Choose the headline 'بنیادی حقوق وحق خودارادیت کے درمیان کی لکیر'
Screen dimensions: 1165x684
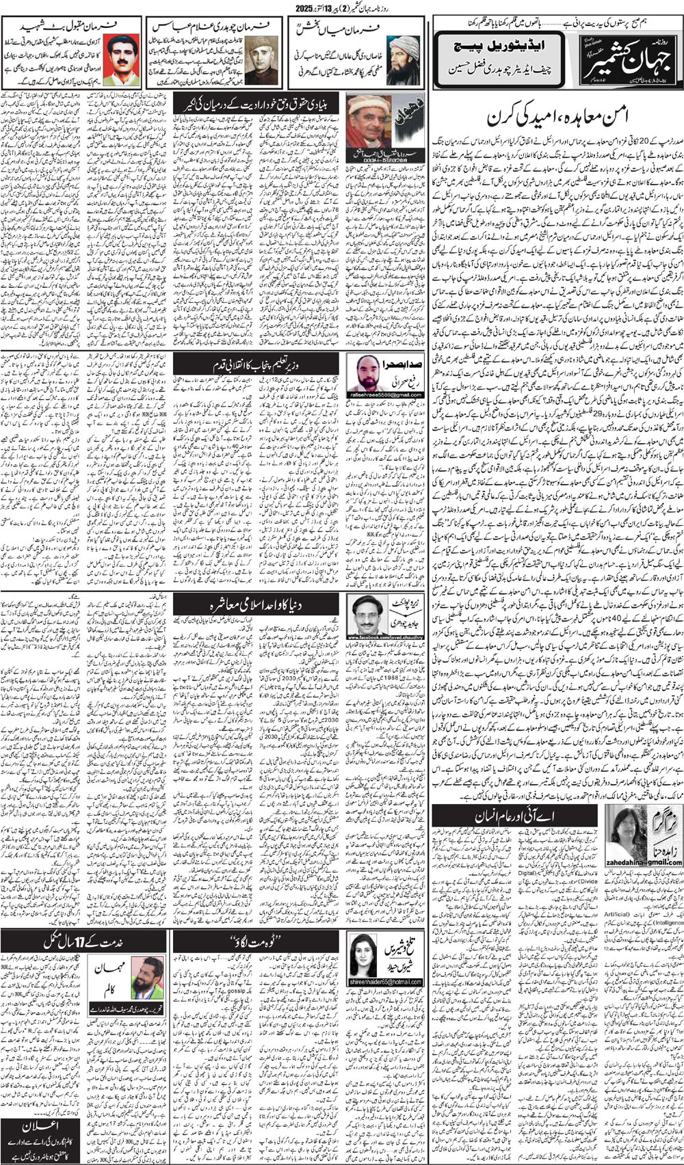click(256, 103)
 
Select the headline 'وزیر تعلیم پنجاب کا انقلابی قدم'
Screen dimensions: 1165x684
click(256, 363)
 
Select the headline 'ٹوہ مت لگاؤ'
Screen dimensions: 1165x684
click(256, 944)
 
